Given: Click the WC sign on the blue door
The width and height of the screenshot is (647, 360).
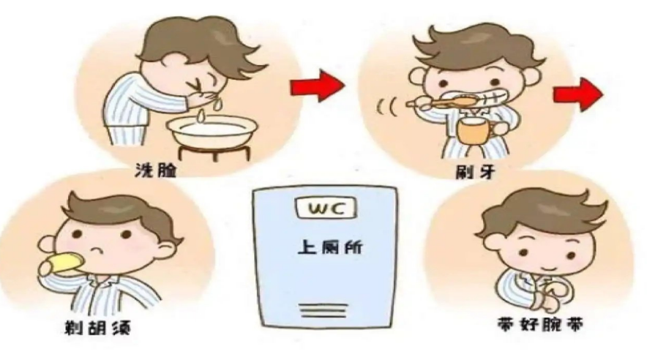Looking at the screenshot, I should tap(323, 210).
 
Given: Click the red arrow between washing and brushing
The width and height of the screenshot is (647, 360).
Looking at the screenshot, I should tap(317, 87).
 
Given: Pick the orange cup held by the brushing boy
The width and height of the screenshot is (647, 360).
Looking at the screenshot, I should tap(473, 132).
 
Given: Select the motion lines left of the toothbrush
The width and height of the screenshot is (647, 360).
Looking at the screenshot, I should tap(386, 108).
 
